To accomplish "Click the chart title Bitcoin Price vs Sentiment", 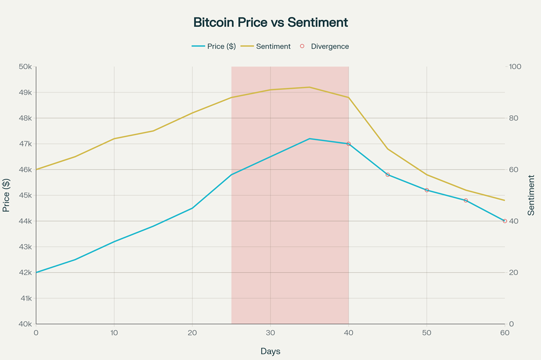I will (x=270, y=22).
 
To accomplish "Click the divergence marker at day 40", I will (x=348, y=144).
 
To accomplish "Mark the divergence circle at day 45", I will (x=388, y=175).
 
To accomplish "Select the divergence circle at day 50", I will (x=427, y=190).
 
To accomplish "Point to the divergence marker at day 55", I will (x=466, y=201).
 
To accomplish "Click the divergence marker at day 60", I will (x=505, y=221).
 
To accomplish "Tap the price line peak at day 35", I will (x=310, y=139).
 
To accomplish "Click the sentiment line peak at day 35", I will (x=310, y=87).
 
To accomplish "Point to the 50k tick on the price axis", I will (x=25, y=67).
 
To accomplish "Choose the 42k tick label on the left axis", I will (x=25, y=273).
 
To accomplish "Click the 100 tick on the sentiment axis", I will (x=515, y=67).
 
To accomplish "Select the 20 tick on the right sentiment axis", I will (x=514, y=273).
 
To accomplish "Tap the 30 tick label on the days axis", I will (x=270, y=333).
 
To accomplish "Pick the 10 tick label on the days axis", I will (x=114, y=333).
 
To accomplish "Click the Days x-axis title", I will (x=270, y=351).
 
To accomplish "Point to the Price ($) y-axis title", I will (x=7, y=195).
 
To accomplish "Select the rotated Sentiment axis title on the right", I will (x=532, y=195).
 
